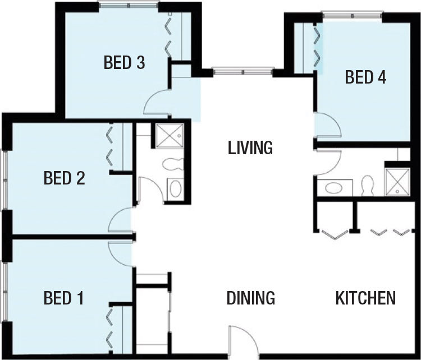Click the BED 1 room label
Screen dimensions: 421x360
[x=63, y=298]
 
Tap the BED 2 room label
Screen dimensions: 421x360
[x=65, y=178]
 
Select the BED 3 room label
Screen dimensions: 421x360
[x=124, y=62]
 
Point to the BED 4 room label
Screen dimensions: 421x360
[x=365, y=77]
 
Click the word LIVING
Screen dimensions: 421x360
[x=250, y=147]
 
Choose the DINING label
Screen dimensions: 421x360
[x=251, y=298]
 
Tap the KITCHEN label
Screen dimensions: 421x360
[x=365, y=298]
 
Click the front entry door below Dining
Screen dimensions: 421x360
[x=244, y=342]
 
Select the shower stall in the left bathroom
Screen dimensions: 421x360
[x=170, y=136]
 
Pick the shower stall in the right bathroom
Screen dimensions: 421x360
[x=397, y=181]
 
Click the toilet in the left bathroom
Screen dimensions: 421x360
[x=173, y=164]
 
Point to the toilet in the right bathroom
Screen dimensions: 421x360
[x=367, y=185]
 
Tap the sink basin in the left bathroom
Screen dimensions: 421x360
[x=176, y=188]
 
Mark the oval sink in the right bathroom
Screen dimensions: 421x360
[x=334, y=188]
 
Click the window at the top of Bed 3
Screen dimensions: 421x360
[x=129, y=5]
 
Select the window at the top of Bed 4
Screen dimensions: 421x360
[x=353, y=15]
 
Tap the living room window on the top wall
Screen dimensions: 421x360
[x=242, y=72]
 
